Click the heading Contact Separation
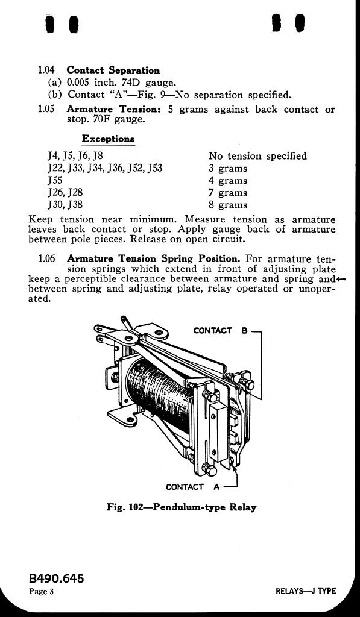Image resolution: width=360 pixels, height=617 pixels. tap(113, 70)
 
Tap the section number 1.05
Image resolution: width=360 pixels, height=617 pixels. tap(46, 109)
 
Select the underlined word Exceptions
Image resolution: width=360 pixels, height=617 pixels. tap(109, 139)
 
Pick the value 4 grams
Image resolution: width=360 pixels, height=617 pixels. tap(228, 181)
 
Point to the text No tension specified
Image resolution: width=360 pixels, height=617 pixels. tap(257, 156)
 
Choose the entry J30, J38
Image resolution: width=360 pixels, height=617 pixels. tap(65, 205)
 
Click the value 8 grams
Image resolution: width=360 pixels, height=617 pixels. tap(228, 205)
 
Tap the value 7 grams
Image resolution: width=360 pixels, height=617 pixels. tap(228, 193)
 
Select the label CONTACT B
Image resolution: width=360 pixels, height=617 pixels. tap(221, 331)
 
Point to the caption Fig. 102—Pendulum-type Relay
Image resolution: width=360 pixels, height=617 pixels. tap(182, 507)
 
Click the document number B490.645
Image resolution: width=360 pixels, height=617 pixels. tap(56, 579)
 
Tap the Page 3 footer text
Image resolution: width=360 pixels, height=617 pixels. tap(41, 592)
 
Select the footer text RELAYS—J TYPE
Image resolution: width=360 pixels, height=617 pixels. tap(306, 592)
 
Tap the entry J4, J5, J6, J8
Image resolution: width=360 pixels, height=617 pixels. tap(75, 156)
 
